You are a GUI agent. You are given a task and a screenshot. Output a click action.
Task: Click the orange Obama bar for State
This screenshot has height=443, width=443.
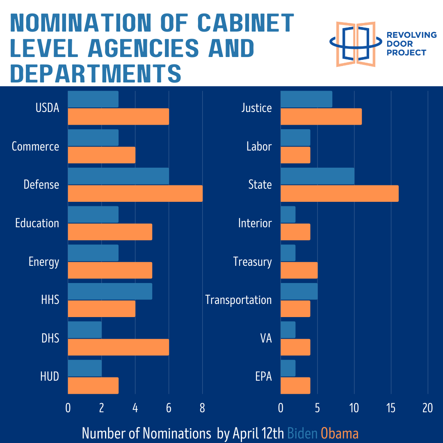click(339, 193)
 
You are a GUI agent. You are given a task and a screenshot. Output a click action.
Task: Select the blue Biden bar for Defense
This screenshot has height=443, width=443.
click(118, 176)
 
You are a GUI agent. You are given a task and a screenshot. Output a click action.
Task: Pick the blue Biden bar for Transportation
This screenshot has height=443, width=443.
click(299, 292)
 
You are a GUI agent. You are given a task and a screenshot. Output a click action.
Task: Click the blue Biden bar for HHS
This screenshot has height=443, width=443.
click(110, 292)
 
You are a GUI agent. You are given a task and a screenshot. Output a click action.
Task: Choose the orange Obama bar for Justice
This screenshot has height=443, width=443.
click(321, 116)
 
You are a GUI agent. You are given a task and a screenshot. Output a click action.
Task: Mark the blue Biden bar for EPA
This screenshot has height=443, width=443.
click(288, 368)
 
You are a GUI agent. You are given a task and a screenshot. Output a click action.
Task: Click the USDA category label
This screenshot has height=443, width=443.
click(47, 108)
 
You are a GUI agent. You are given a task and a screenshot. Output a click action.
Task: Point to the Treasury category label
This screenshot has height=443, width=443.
click(252, 262)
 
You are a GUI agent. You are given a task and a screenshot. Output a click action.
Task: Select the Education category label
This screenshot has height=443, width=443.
click(37, 223)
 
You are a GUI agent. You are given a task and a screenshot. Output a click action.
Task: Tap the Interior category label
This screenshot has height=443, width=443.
click(255, 223)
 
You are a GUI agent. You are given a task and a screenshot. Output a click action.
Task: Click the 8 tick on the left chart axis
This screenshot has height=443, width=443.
click(202, 408)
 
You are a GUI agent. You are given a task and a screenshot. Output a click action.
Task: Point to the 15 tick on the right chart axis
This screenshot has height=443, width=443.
click(391, 408)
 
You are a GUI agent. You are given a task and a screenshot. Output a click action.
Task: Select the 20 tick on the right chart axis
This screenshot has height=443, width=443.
click(427, 408)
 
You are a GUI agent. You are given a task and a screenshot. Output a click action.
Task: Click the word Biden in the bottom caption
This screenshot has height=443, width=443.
click(302, 433)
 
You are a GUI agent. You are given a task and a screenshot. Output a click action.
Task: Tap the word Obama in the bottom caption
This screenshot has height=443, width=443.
click(340, 433)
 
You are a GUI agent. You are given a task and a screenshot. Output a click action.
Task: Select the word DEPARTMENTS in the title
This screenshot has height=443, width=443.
click(96, 74)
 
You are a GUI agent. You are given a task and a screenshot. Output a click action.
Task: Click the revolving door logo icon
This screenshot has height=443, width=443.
click(355, 44)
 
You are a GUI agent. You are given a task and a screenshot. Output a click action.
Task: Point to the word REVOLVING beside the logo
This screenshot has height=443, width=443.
click(411, 35)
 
